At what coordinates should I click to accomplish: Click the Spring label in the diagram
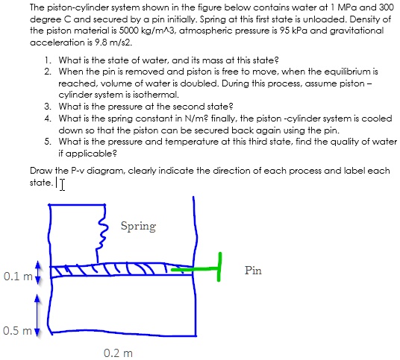137,225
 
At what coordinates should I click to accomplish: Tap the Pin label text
253,271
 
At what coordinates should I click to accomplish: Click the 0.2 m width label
119,352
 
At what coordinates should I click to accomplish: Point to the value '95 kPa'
313,31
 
